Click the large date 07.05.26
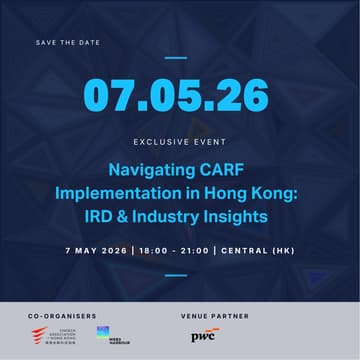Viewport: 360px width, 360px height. pyautogui.click(x=176, y=95)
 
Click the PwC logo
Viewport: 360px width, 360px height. pyautogui.click(x=203, y=335)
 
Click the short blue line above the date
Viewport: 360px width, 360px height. pyautogui.click(x=176, y=57)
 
